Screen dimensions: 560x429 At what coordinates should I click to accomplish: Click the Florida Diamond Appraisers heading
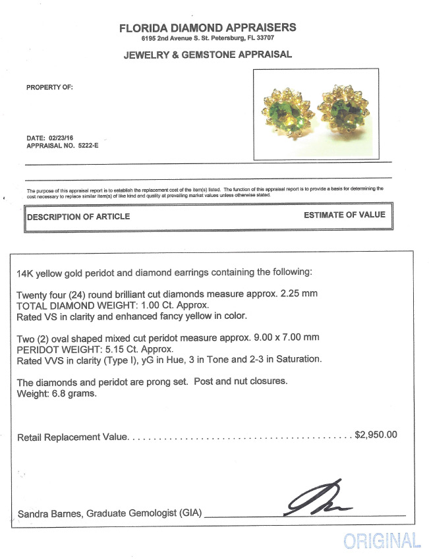[208, 28]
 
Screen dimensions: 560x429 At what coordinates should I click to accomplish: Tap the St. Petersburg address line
[208, 39]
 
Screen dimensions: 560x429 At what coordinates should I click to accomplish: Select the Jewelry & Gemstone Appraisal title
[208, 55]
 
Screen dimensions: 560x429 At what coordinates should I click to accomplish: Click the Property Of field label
[49, 87]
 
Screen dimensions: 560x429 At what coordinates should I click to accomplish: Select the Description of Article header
[78, 217]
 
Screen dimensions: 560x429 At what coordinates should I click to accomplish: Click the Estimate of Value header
[344, 215]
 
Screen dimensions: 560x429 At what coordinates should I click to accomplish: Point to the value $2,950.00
[376, 435]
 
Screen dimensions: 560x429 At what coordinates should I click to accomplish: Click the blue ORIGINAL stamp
[382, 541]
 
